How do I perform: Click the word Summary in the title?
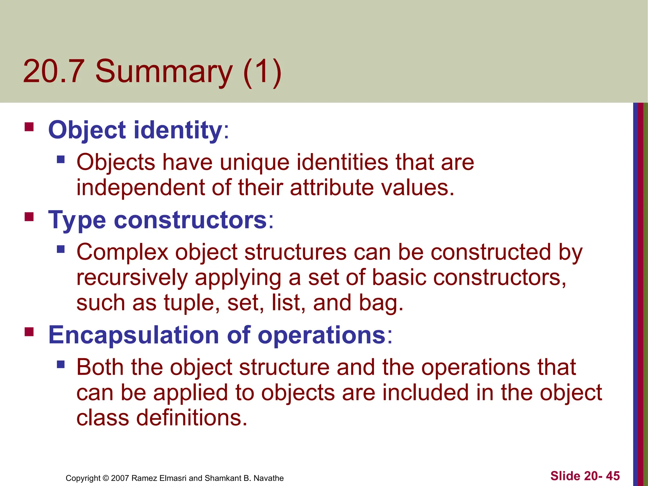point(164,72)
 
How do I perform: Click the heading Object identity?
point(135,130)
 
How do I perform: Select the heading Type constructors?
point(158,220)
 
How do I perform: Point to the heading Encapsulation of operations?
point(217,335)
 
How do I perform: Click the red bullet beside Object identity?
point(29,127)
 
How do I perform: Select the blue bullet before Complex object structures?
point(61,249)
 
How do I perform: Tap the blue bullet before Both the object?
point(61,364)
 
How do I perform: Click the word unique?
point(254,163)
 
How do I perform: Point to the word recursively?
point(132,277)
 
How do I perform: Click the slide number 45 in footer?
point(613,476)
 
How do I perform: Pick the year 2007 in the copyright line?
point(120,478)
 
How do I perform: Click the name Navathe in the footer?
point(269,478)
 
